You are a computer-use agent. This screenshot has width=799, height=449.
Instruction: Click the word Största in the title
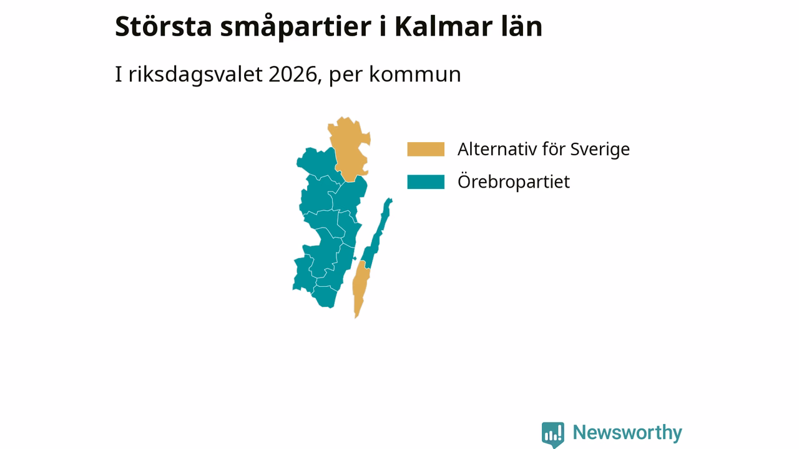pyautogui.click(x=164, y=27)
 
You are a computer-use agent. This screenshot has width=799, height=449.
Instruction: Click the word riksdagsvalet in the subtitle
pyautogui.click(x=195, y=74)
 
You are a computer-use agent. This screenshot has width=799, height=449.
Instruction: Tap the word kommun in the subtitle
pyautogui.click(x=415, y=74)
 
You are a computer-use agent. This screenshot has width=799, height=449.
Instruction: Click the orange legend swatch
pyautogui.click(x=426, y=149)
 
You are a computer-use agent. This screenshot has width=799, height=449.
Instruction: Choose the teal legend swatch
pyautogui.click(x=426, y=181)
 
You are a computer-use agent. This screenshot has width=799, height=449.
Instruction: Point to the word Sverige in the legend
pyautogui.click(x=600, y=150)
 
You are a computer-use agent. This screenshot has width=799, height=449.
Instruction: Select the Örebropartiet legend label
pyautogui.click(x=514, y=181)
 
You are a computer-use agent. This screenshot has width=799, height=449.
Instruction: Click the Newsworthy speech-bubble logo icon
pyautogui.click(x=553, y=435)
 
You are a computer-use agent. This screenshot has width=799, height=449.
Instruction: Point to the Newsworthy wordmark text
pyautogui.click(x=627, y=433)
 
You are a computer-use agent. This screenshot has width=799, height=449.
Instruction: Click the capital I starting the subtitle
pyautogui.click(x=118, y=74)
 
